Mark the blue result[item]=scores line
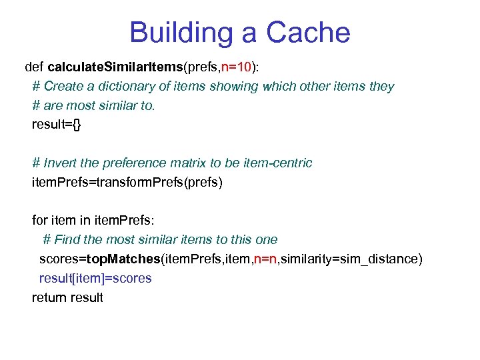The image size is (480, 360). [95, 278]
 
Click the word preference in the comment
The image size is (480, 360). [128, 163]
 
